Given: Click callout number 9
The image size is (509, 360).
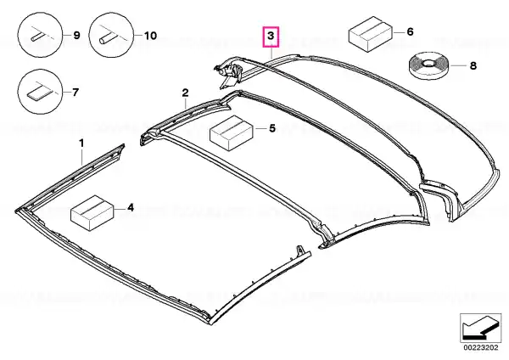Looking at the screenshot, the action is tap(76, 35).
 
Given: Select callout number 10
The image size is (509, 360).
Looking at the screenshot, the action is tap(150, 36).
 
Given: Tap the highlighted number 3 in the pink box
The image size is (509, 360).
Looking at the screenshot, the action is tap(271, 35).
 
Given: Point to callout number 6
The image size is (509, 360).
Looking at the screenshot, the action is tap(410, 32).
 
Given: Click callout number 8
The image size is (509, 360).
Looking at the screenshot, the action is tap(473, 65).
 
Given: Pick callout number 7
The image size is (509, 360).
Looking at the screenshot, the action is tap(76, 93).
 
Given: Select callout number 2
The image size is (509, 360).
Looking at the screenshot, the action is tap(185, 93).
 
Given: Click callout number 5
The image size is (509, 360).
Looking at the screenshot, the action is tap(272, 128).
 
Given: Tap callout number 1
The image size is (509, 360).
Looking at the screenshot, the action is tap(81, 143).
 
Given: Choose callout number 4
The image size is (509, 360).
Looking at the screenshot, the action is tap(131, 207).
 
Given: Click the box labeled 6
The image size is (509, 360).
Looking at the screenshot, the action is tap(371, 34).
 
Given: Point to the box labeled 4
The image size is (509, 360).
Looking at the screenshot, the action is tap(92, 213).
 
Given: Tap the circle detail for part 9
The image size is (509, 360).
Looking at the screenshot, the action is tap(40, 35).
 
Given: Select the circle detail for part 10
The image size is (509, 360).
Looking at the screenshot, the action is tap(111, 35).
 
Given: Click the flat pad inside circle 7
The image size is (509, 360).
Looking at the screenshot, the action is tap(38, 94).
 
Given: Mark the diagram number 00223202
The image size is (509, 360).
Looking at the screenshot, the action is tap(480, 347).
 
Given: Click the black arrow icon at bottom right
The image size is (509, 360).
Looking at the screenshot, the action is tap(480, 328).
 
